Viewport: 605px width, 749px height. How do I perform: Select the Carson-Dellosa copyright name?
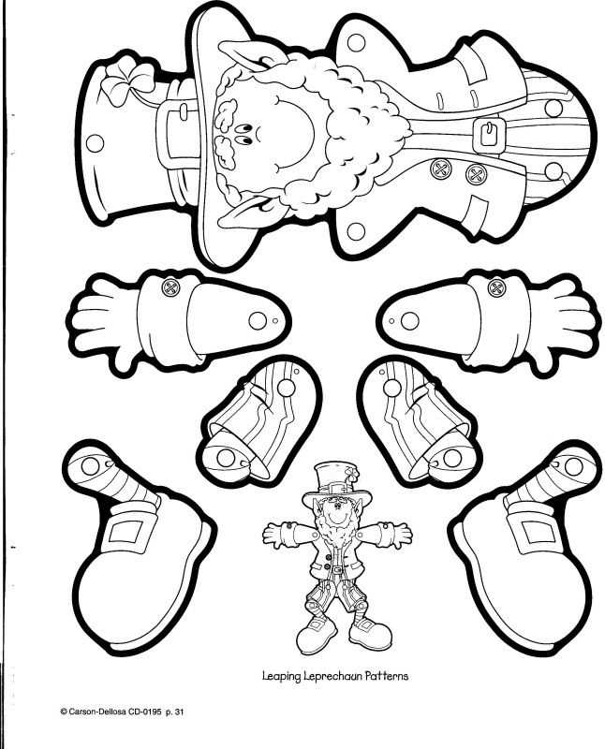[97, 712]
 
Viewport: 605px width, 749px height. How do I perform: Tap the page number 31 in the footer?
[179, 712]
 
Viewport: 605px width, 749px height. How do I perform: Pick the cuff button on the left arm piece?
[170, 287]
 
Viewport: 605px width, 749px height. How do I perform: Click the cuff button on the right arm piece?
[496, 287]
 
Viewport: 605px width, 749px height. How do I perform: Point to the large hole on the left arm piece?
[258, 320]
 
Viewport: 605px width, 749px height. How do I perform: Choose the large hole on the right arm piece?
[409, 320]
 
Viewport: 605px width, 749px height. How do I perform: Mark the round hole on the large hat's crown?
[96, 143]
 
